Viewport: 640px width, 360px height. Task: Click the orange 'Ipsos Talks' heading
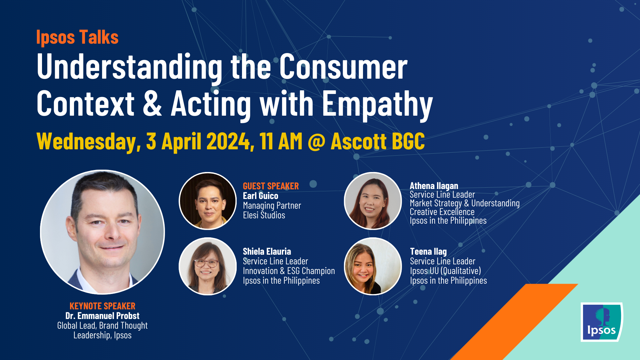[77, 37]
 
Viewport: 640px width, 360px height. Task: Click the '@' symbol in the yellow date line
[316, 142]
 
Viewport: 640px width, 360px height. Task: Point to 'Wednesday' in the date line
[88, 142]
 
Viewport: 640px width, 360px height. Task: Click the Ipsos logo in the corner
[602, 322]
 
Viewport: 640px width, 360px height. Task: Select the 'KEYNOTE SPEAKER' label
[102, 306]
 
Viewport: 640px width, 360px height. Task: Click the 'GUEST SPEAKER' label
[271, 186]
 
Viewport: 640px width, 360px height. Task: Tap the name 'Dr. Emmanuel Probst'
[102, 316]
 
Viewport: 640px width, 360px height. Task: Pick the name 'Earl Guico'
[260, 196]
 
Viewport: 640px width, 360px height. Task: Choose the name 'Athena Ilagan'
[434, 186]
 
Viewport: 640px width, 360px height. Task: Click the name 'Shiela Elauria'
[267, 251]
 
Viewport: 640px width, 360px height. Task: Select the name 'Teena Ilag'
[428, 251]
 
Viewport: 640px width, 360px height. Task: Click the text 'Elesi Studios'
[264, 215]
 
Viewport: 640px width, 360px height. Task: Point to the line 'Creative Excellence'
[442, 212]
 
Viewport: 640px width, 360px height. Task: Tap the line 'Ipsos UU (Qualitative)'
[445, 271]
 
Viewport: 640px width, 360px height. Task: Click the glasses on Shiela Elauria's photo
[206, 263]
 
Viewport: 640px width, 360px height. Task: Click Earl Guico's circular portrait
[208, 201]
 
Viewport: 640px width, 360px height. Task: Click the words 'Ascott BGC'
[378, 142]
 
